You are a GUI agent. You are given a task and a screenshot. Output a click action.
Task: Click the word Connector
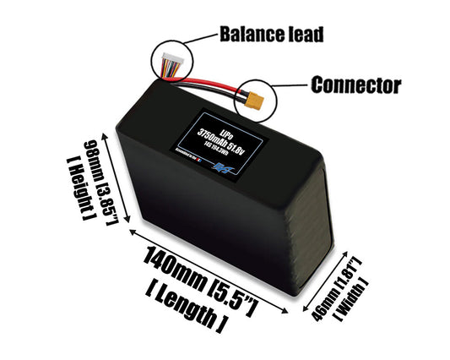[355, 85]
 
